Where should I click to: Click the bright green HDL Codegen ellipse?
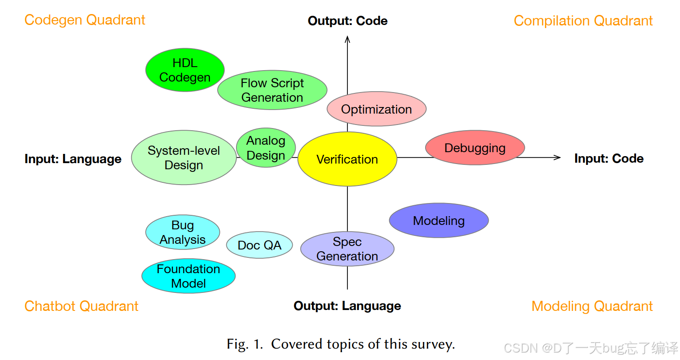185,70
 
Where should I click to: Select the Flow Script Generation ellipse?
272,90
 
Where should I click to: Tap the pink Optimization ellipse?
376,109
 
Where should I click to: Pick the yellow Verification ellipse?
347,159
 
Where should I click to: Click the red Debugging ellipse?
475,148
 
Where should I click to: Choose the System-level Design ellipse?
184,158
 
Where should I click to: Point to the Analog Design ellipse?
266,148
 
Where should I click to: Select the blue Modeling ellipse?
439,221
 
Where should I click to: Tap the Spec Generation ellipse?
347,249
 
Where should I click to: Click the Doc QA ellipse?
259,245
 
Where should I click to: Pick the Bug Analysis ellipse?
183,232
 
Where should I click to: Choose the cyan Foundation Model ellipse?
188,276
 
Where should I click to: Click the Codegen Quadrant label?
85,20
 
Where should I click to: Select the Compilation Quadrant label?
583,21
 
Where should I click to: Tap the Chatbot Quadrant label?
81,306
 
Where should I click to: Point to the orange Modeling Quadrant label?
592,306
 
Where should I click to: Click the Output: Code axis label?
347,21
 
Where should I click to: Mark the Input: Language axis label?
73,159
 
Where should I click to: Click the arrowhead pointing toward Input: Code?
558,157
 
